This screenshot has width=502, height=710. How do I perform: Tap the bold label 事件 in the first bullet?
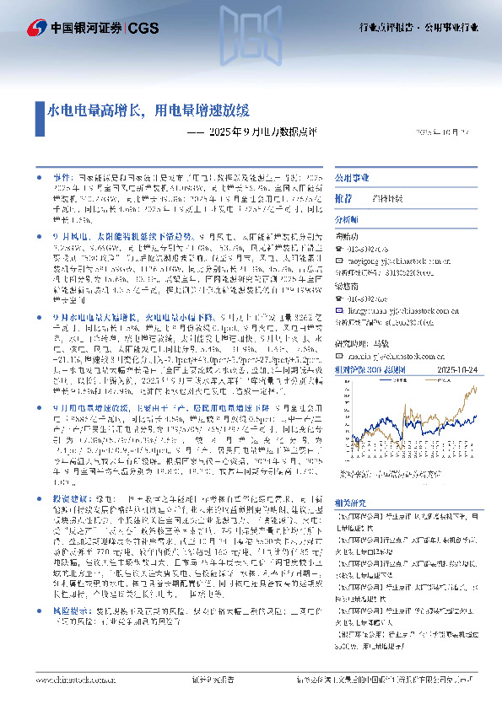click(61, 180)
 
